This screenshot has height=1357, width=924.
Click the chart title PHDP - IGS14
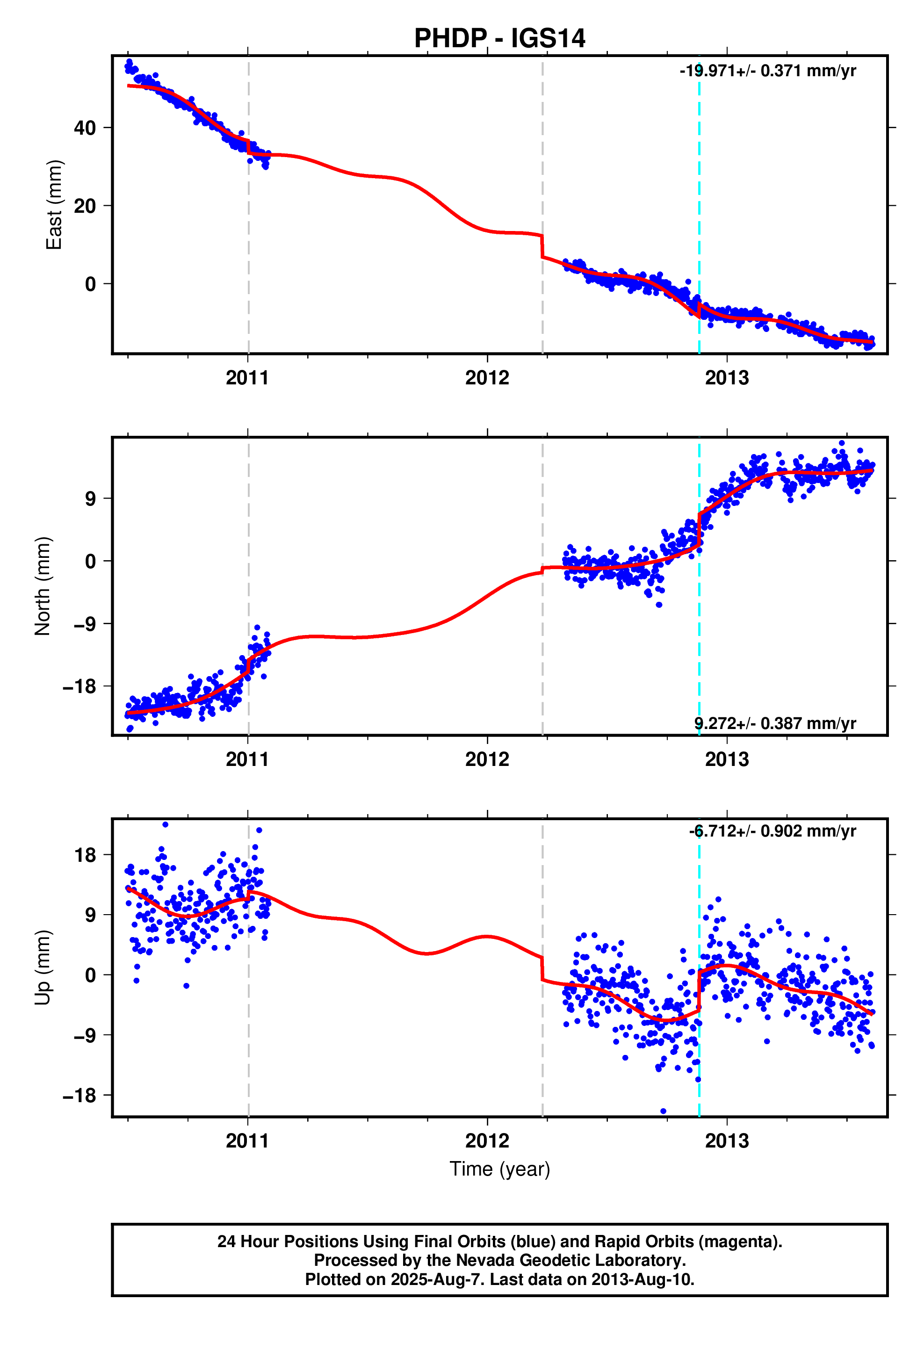click(x=499, y=38)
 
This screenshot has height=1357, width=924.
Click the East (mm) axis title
click(x=54, y=205)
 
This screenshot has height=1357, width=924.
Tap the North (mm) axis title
click(x=43, y=585)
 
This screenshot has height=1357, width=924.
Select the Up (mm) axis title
click(x=43, y=967)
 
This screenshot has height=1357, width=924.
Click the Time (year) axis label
click(x=499, y=1169)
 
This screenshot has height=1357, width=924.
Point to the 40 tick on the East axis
click(x=85, y=128)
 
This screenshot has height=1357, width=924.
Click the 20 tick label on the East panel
click(x=85, y=206)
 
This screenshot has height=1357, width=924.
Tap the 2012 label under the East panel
click(x=487, y=378)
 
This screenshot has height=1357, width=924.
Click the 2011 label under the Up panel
click(x=248, y=1140)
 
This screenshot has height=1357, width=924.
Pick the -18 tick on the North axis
click(x=80, y=686)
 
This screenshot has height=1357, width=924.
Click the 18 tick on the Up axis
click(x=85, y=855)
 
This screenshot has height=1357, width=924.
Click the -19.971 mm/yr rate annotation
click(x=767, y=71)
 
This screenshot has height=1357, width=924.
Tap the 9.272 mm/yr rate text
click(x=774, y=723)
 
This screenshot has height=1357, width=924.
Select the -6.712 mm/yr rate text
click(x=772, y=831)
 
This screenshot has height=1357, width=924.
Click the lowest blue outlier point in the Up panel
click(x=663, y=1111)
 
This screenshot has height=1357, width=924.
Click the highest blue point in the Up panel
click(x=165, y=824)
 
